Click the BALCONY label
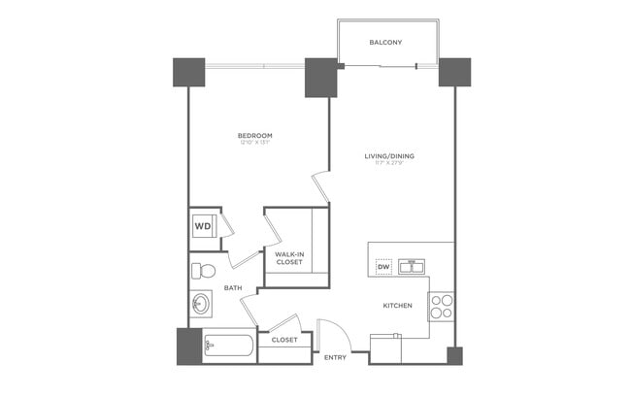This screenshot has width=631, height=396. click(385, 43)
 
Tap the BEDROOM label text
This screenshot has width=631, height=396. click(254, 135)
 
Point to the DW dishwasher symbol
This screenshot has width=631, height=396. click(383, 267)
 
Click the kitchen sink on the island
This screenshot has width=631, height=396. click(413, 266)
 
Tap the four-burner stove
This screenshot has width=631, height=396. click(442, 306)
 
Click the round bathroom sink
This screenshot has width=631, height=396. click(201, 304)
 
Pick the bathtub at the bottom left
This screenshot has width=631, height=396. click(228, 346)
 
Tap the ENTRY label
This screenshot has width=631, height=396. click(335, 358)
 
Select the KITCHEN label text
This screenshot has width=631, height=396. click(397, 306)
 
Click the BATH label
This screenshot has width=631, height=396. click(233, 288)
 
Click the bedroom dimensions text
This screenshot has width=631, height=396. click(254, 143)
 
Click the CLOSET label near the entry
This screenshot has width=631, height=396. click(284, 341)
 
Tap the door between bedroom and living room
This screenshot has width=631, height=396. click(321, 187)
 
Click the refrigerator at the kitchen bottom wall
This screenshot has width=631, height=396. click(386, 347)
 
